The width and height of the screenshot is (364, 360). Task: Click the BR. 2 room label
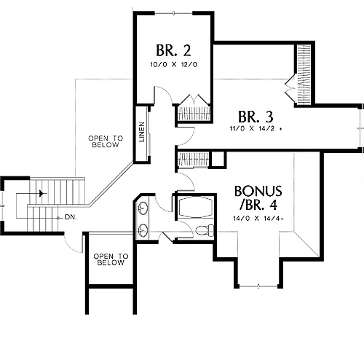pyautogui.click(x=173, y=50)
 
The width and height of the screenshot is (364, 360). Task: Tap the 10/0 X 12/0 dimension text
pyautogui.click(x=174, y=65)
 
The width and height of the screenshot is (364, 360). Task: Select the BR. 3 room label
pyautogui.click(x=256, y=117)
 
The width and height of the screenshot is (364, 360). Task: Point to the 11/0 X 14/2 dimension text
pyautogui.click(x=256, y=128)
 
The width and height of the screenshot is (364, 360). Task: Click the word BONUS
pyautogui.click(x=258, y=191)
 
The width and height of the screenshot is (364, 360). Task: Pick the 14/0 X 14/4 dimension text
pyautogui.click(x=258, y=219)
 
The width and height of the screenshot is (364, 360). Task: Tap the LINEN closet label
pyautogui.click(x=142, y=132)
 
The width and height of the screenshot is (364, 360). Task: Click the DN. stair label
pyautogui.click(x=71, y=217)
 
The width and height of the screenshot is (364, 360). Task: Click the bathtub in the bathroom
pyautogui.click(x=196, y=208)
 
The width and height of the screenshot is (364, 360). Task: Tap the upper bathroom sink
pyautogui.click(x=143, y=208)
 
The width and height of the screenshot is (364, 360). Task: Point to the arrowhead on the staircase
pyautogui.click(x=42, y=194)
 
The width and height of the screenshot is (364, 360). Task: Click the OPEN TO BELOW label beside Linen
pyautogui.click(x=106, y=141)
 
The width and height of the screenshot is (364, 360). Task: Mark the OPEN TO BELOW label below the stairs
pyautogui.click(x=111, y=259)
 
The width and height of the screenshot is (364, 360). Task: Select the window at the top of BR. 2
pyautogui.click(x=173, y=13)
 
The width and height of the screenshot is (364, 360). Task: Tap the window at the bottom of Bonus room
pyautogui.click(x=258, y=286)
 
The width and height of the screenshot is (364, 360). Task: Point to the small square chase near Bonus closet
pyautogui.click(x=218, y=160)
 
